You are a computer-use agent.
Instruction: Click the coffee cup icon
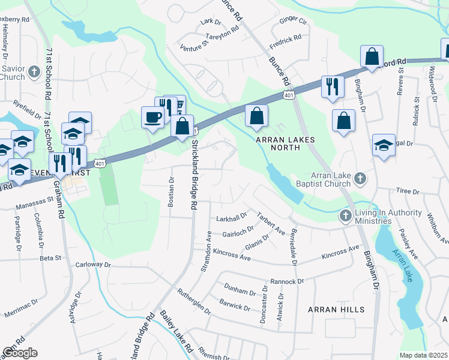(x=152, y=116)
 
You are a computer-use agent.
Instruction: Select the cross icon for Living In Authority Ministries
(x=346, y=215)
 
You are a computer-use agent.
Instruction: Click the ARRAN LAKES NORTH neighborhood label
(x=286, y=144)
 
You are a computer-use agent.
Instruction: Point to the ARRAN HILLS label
(x=336, y=310)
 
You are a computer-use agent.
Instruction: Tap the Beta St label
(x=50, y=259)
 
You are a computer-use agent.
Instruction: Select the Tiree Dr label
(x=408, y=191)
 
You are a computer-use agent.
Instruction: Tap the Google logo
(x=19, y=353)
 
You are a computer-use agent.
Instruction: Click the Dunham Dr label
(x=240, y=291)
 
